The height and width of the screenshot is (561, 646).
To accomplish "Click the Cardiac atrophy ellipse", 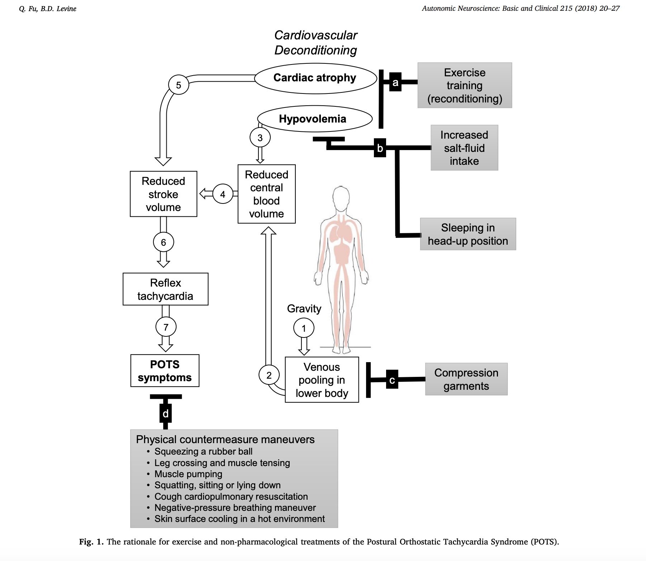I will coord(315,78).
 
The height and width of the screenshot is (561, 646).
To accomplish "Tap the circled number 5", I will coord(179,85).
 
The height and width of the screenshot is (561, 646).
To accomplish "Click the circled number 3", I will coord(260,138).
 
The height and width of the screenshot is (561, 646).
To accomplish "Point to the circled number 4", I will coord(223,194).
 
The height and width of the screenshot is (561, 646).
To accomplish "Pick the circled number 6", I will coord(163,243).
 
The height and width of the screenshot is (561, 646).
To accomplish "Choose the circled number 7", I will coord(166,327).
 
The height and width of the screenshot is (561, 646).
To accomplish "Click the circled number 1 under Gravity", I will coord(304,328).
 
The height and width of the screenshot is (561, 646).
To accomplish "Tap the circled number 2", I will coord(269,375).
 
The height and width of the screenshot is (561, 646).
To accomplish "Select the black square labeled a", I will coord(395,82).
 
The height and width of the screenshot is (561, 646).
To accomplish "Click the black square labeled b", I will coord(380,148).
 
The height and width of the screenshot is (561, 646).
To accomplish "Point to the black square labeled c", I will coord(392,380).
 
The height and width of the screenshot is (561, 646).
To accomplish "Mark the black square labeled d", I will coord(165,414).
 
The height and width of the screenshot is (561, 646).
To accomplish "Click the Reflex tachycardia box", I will coord(165,289).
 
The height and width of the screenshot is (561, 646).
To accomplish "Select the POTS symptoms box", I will coord(165,371).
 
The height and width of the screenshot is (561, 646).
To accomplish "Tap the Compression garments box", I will coord(466,379).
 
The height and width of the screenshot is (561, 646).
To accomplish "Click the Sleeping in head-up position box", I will coord(468,234).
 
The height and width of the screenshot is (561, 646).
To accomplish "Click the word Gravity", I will coord(304,308).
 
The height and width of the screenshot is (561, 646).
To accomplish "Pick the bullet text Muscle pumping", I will coord(188,474).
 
